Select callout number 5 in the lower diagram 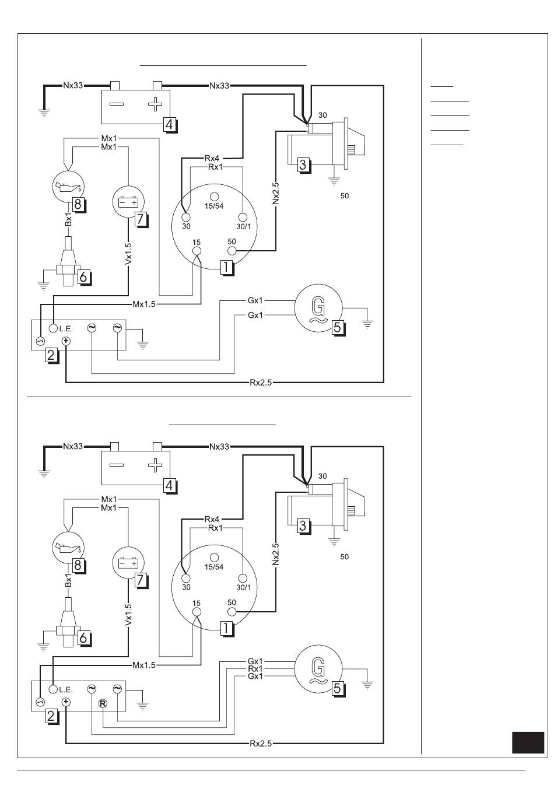337,688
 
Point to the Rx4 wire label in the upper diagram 212,159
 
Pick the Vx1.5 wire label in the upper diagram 128,254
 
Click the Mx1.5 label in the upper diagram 144,304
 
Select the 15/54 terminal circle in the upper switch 214,197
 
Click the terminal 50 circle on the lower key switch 232,612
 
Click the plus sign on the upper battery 155,104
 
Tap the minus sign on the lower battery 117,465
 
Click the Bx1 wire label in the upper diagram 69,219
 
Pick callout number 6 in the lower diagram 83,637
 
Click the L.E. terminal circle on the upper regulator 53,328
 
